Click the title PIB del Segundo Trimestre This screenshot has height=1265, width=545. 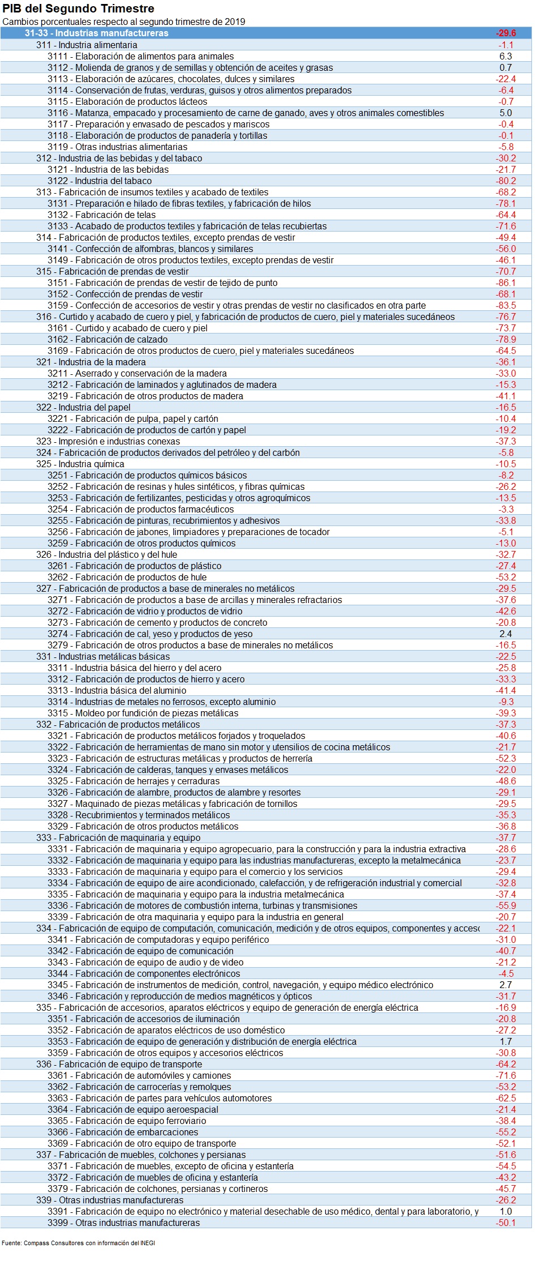point(78,8)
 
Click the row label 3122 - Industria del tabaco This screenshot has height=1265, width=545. point(100,181)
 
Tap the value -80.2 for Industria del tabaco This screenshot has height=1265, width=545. point(505,181)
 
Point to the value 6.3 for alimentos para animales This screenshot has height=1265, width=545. point(505,56)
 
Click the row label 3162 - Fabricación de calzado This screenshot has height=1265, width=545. point(108,339)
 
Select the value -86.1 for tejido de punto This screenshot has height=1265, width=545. point(505,283)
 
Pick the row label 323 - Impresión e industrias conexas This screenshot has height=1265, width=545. point(108,441)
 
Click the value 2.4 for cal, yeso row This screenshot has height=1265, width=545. point(505,634)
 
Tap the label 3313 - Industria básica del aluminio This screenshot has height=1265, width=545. point(117,690)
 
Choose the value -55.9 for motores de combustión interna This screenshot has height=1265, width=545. point(505,905)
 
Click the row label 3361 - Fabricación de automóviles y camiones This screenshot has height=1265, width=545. point(139,1075)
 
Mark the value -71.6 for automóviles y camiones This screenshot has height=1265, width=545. point(505,1075)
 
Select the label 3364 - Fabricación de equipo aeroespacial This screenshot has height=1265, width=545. point(133,1109)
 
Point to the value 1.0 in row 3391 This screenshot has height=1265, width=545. point(505,1211)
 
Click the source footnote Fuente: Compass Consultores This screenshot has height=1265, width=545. point(78,1243)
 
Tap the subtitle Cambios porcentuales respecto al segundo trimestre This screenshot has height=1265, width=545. point(124,22)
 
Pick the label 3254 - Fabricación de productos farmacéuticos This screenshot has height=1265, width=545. point(140,509)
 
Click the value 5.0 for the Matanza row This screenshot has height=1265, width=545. point(505,113)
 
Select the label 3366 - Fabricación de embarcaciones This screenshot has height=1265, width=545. point(123,1132)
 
